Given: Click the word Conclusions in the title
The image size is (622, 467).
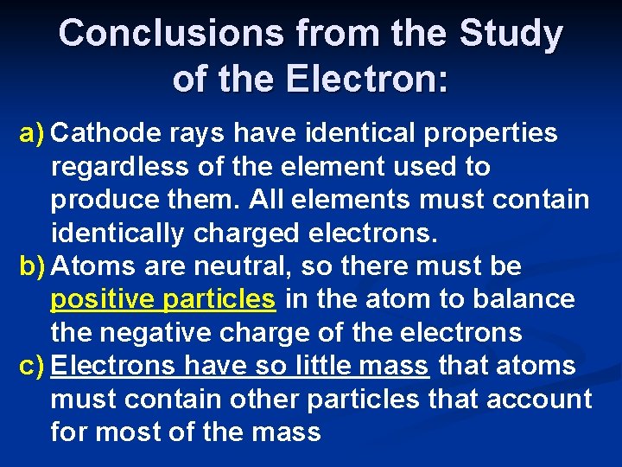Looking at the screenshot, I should pos(171,34).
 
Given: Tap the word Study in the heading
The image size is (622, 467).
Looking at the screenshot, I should pos(511,34).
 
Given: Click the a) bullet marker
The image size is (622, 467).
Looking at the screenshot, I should pos(33,133).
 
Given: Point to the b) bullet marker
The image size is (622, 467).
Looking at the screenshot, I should pos(33,266).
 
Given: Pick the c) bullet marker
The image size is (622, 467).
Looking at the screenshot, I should pos(32,366).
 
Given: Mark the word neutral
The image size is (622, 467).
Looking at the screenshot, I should pos(247,266).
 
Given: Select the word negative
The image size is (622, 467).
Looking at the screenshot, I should pos(161,333).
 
